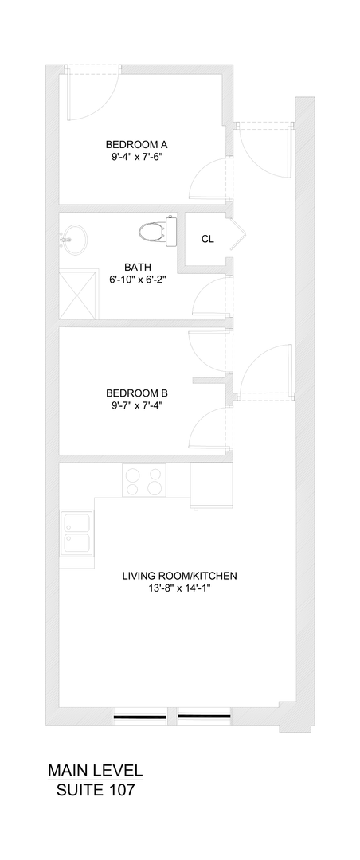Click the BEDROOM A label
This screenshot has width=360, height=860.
[x=136, y=144]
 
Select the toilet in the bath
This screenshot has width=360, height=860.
[x=156, y=232]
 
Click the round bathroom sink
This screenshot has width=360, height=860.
[x=75, y=237]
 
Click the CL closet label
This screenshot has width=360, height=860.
[x=207, y=239]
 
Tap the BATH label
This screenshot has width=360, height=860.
[x=137, y=267]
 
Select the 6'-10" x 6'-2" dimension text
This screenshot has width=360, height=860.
[x=137, y=279]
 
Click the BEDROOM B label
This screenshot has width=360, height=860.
[x=137, y=393]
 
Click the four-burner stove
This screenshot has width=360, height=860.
[x=144, y=480]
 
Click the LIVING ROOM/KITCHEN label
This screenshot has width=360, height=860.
[x=179, y=576]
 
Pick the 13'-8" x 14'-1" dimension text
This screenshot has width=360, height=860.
[x=179, y=589]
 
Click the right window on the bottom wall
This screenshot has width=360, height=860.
[x=204, y=717]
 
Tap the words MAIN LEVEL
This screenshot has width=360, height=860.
[x=95, y=770]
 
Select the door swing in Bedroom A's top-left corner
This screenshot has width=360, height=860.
[x=89, y=94]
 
